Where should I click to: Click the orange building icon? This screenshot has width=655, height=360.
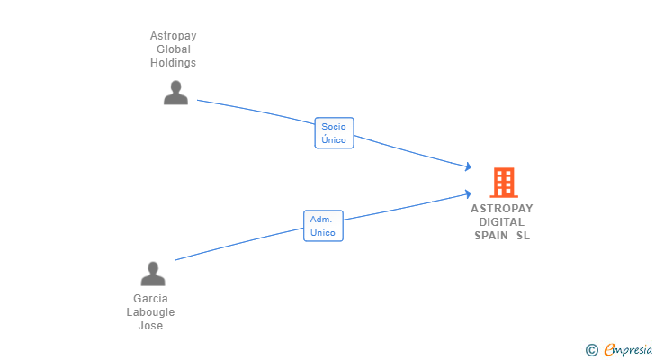point(503,183)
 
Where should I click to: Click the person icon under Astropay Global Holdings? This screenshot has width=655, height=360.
point(175,93)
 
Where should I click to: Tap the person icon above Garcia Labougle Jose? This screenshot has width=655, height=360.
point(153,274)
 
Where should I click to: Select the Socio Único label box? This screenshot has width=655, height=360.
point(334,133)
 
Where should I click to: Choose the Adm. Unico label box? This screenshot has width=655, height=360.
point(323,226)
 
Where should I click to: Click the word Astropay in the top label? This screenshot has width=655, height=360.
point(173,36)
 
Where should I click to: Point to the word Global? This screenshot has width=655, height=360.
point(173,49)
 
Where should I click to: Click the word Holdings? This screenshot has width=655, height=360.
point(173,63)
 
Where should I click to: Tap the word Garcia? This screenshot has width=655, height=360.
point(150,299)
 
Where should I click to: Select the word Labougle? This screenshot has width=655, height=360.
point(150,312)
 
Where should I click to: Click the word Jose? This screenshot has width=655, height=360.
point(150,326)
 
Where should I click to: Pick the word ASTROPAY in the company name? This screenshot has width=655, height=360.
point(502,208)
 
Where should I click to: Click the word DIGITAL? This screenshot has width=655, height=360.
point(502,221)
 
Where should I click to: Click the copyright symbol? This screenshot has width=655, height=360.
point(592,349)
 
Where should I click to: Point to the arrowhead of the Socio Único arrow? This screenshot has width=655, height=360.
point(469,166)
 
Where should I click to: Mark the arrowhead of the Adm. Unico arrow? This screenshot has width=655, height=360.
point(469,193)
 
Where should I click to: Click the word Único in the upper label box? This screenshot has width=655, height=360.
point(334,140)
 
